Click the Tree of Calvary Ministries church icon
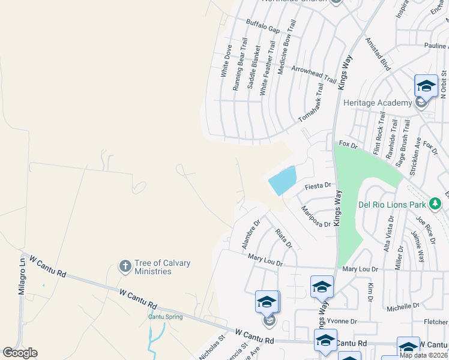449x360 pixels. [125, 266]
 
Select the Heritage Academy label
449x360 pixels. [377, 103]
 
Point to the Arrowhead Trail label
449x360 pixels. [313, 74]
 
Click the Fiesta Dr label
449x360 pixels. [318, 186]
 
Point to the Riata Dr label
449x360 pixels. [283, 238]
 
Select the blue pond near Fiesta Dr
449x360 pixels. [283, 180]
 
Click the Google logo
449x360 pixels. [20, 353]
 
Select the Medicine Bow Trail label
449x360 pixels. [287, 47]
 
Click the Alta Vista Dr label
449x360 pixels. [388, 235]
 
